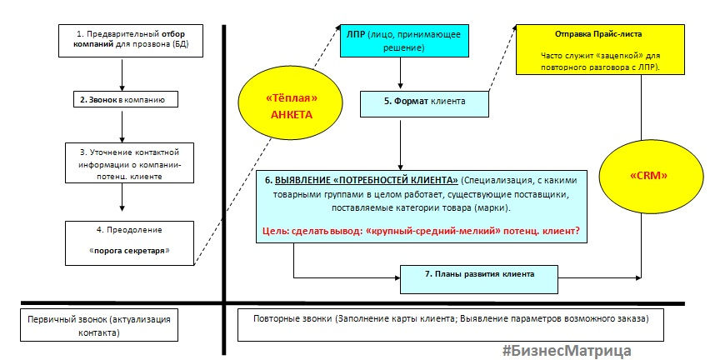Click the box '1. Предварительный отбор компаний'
[131, 41]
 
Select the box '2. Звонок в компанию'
[125, 99]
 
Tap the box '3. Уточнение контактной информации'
[129, 164]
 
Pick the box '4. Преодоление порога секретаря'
[129, 242]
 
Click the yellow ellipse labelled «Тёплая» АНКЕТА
[291, 107]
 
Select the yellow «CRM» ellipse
[651, 177]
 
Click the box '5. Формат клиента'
[424, 104]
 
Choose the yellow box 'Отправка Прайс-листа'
[600, 50]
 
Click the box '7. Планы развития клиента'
[479, 279]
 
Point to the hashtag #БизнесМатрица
[566, 351]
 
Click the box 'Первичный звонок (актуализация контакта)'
[99, 325]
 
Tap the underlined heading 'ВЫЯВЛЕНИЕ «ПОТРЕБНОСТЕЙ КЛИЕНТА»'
[367, 179]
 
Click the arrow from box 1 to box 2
[122, 74]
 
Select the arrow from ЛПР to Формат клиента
[401, 72]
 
